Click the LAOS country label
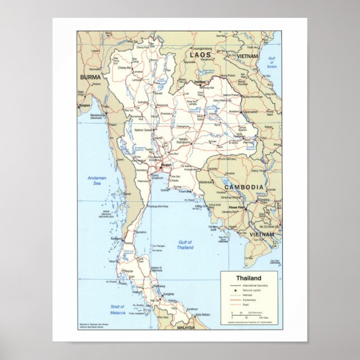[x=200, y=55]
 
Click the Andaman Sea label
[x=96, y=181]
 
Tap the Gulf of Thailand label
[x=185, y=244]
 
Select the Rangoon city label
[x=85, y=105]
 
